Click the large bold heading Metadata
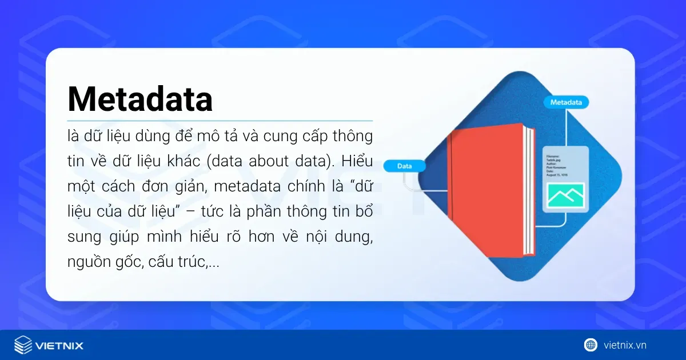click(140, 99)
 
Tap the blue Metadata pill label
click(566, 102)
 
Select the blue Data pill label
click(405, 166)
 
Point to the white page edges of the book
click(529, 191)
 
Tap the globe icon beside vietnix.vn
click(591, 345)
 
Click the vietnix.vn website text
click(625, 345)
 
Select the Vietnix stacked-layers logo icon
click(23, 345)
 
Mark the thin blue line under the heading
click(220, 121)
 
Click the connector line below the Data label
click(406, 179)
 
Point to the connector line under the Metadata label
click(567, 126)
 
